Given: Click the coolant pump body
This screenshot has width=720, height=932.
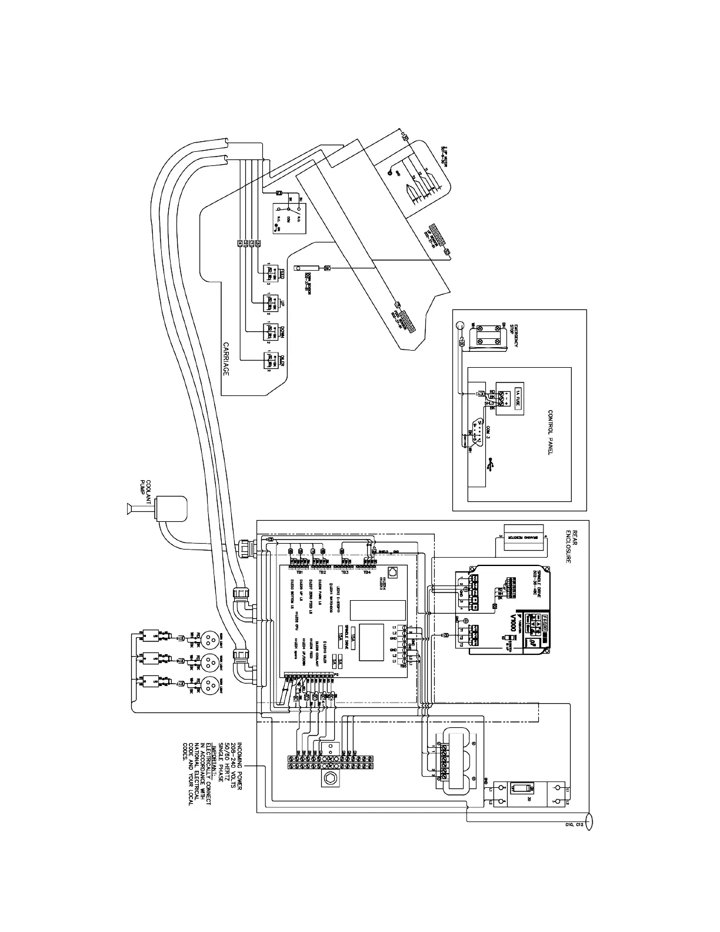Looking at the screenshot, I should click(x=171, y=507).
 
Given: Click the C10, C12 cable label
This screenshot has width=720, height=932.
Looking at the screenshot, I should click(x=570, y=825).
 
